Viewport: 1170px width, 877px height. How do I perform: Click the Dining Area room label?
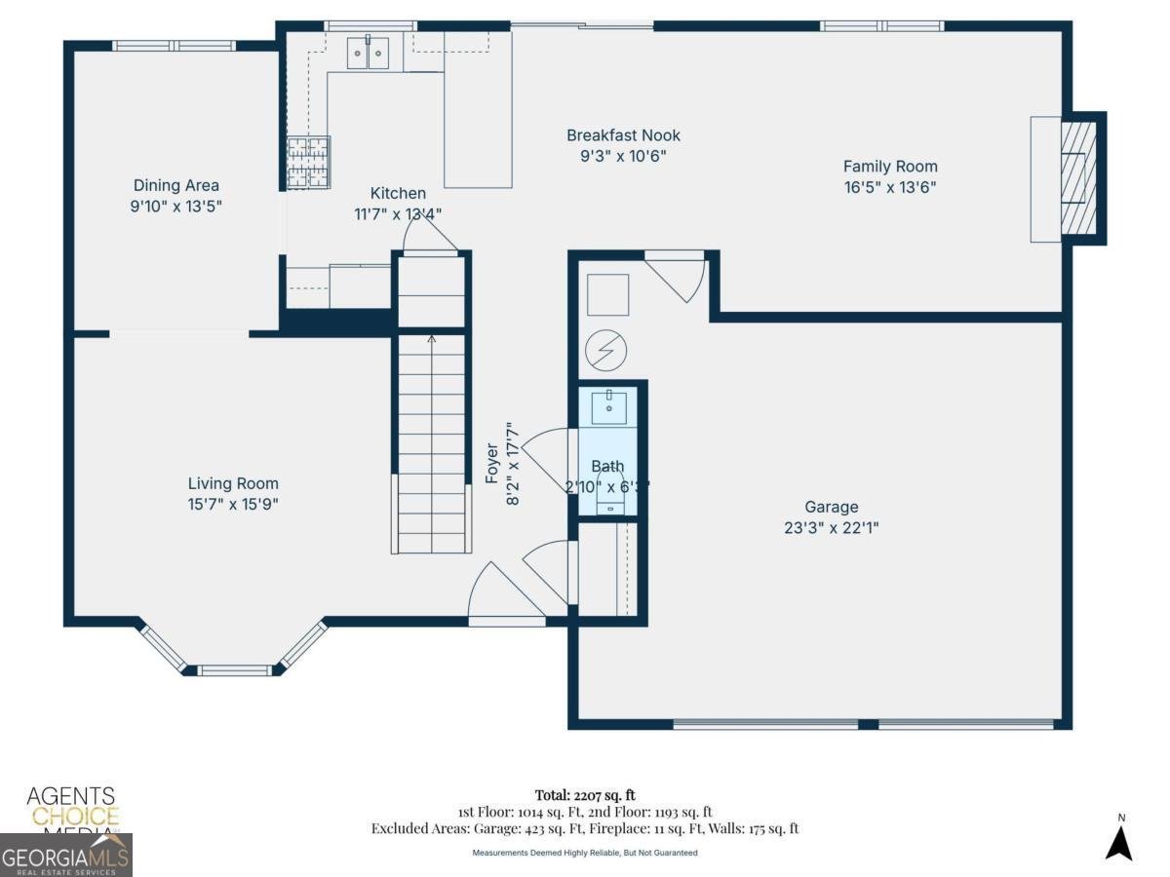point(176,185)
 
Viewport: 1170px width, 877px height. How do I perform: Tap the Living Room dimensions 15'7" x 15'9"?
point(233,504)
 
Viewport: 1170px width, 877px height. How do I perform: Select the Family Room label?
point(890,167)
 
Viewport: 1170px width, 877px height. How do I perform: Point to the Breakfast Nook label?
point(624,135)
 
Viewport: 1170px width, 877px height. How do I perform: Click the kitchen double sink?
point(369,54)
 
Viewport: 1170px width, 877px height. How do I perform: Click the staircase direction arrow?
point(431,340)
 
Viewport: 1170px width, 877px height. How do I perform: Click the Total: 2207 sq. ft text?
point(585,795)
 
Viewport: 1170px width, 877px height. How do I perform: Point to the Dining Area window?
point(175,46)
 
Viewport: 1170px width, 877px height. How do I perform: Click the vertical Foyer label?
point(492,463)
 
